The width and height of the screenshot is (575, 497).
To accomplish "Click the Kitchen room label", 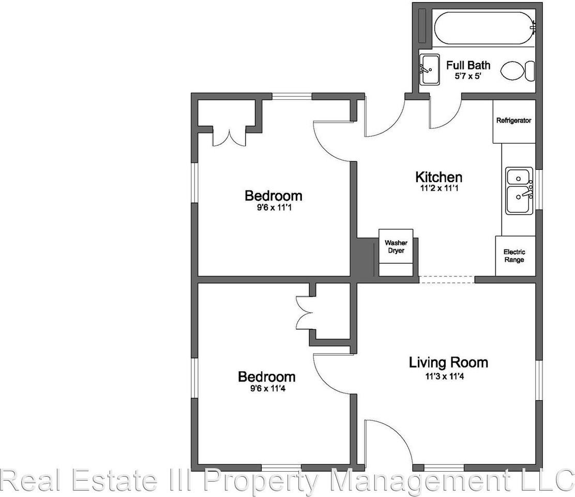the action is click(x=438, y=177).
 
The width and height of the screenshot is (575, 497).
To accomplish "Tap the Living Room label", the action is click(x=448, y=362).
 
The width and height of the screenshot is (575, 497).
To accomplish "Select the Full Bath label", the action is click(x=468, y=65).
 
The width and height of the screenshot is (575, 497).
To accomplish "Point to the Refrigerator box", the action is click(x=514, y=122).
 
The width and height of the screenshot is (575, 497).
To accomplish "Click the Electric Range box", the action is click(x=515, y=256).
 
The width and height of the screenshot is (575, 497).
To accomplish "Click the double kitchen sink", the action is click(x=519, y=191).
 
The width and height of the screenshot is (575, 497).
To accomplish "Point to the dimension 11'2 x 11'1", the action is click(x=440, y=188).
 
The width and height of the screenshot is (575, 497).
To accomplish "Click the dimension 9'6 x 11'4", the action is click(x=267, y=388).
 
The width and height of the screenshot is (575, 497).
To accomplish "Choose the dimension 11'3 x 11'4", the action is click(x=445, y=376).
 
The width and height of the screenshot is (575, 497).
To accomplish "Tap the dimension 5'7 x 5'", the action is click(x=468, y=76).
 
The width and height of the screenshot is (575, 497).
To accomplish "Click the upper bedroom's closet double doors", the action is click(x=229, y=138).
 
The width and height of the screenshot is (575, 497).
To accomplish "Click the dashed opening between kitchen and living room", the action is click(x=447, y=280).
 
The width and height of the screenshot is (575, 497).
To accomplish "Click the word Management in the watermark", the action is click(x=420, y=481).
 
